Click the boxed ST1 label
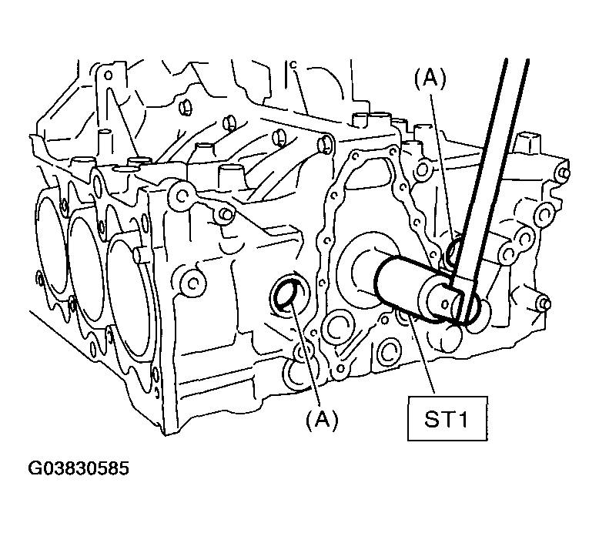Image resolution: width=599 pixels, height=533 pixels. pyautogui.click(x=447, y=419)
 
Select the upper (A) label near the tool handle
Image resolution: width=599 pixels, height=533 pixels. pyautogui.click(x=430, y=79)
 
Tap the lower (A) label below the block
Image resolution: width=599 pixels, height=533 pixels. pyautogui.click(x=322, y=420)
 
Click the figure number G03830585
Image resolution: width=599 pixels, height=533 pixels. pyautogui.click(x=79, y=468)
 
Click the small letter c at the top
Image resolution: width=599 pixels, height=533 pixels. pyautogui.click(x=293, y=65)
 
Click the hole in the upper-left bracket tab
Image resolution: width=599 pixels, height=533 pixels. pyautogui.click(x=108, y=75)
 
